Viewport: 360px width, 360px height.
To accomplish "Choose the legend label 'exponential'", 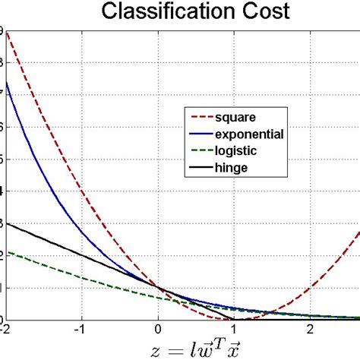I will [249, 134].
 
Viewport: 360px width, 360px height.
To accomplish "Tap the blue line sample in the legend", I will [199, 134].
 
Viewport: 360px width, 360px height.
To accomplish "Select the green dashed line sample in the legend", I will [199, 150].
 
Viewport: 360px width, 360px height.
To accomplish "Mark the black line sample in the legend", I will [199, 167].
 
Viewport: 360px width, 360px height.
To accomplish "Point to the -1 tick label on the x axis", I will [82, 329].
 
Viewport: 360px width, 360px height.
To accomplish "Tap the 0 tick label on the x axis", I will [159, 329].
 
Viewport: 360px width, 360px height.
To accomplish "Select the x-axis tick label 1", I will [234, 329].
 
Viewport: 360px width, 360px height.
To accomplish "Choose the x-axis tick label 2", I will [310, 329].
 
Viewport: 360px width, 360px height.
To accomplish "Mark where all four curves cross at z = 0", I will [159, 287].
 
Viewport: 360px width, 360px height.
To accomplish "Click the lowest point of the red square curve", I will [234, 318].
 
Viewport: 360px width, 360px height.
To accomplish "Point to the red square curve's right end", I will [358, 233].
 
